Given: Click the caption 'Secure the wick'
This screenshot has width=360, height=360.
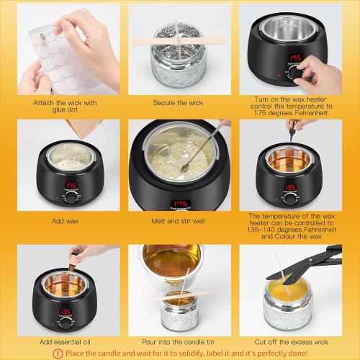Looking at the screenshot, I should (179, 102).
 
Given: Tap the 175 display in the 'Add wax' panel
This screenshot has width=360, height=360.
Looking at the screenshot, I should (71, 185).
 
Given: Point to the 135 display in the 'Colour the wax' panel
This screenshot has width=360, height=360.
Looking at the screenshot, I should (289, 188).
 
